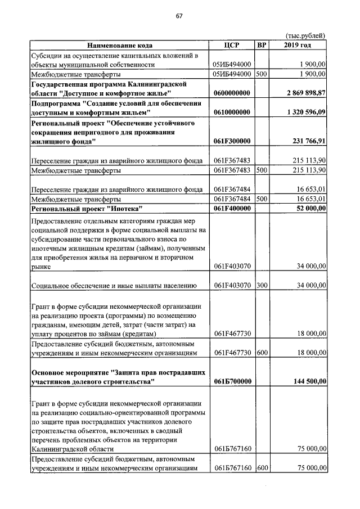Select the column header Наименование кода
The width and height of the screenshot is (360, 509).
[119, 46]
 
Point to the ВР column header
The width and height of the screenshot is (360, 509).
[262, 46]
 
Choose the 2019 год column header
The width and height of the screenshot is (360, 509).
[298, 46]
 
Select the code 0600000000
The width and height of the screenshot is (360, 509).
[232, 93]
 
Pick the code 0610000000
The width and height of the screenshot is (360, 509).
[232, 112]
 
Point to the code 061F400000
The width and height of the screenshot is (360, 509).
[232, 209]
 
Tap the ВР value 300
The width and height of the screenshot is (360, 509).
[262, 286]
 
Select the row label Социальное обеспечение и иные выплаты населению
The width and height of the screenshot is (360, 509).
[114, 286]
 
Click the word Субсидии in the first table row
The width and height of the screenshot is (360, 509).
[47, 55]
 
